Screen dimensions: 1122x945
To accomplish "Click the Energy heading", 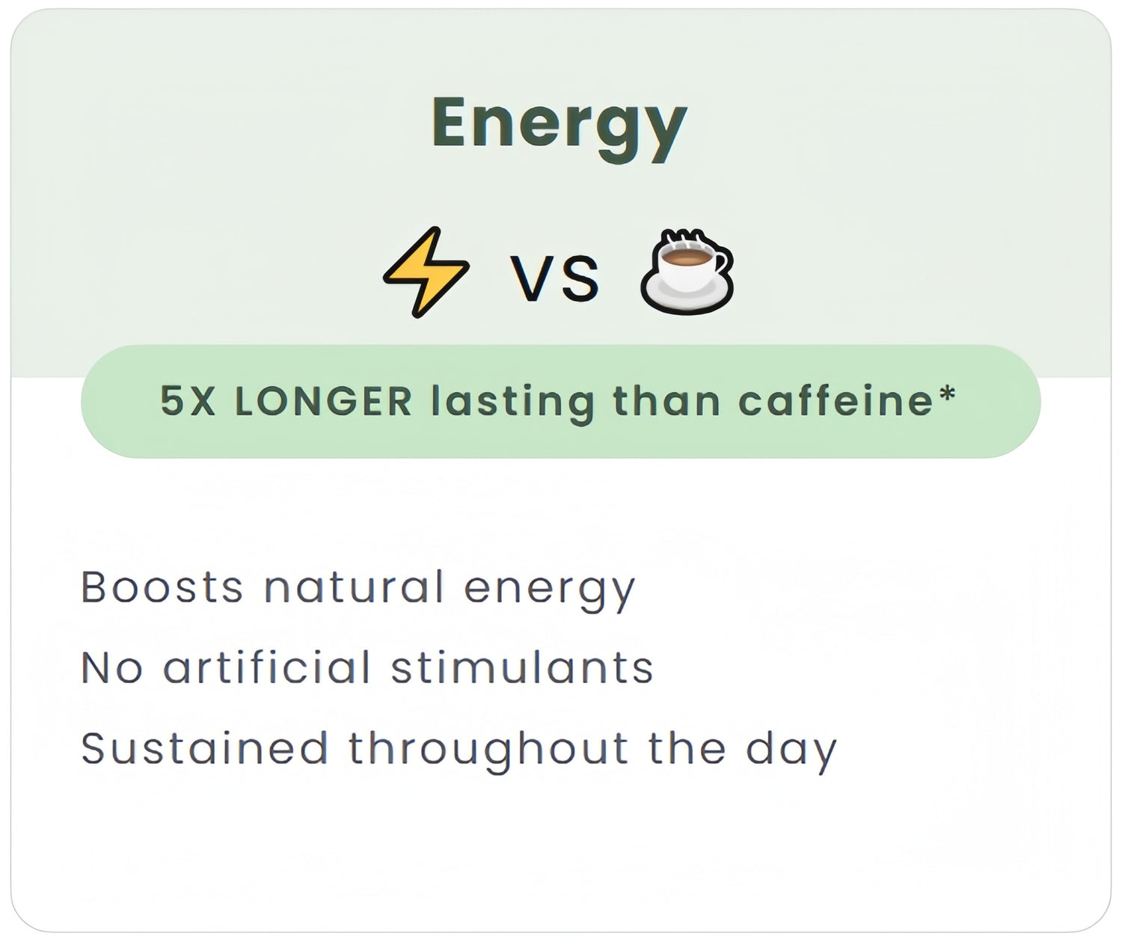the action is click(560, 129).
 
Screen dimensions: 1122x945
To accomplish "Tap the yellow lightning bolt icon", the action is click(426, 272).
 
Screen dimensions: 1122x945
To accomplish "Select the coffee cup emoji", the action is click(687, 272).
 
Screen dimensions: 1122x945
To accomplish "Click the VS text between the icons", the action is click(554, 278).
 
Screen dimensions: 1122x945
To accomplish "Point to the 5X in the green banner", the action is click(188, 400).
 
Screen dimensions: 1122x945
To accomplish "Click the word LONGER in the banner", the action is click(323, 400).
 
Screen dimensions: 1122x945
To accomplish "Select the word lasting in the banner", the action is click(513, 404).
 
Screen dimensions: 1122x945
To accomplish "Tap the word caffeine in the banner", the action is click(836, 400).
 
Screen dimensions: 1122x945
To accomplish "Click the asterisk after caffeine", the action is click(948, 393).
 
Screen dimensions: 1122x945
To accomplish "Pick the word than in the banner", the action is click(666, 400).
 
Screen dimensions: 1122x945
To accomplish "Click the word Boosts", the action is click(162, 587).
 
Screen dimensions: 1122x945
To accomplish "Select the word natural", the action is click(354, 587).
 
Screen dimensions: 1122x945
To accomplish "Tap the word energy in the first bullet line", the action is click(550, 592).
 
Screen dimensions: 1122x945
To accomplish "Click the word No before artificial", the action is click(112, 667).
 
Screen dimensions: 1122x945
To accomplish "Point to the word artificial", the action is click(267, 667).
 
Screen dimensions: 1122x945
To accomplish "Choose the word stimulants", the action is click(522, 667).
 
